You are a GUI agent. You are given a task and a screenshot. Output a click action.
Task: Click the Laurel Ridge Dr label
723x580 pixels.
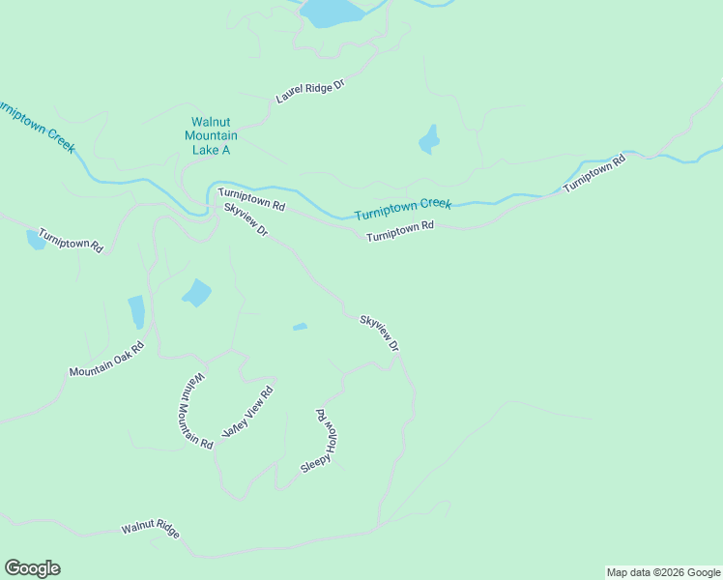tap(310, 92)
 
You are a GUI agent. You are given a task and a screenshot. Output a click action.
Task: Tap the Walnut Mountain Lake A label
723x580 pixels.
tap(211, 136)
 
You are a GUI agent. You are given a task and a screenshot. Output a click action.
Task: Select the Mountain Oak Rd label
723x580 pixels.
tap(106, 360)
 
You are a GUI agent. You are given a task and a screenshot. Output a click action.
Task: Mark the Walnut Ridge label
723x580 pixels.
tap(151, 531)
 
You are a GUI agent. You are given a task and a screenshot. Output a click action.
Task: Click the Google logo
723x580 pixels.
tap(32, 568)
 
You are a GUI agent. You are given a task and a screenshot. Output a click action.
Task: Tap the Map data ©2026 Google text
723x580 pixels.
tap(663, 572)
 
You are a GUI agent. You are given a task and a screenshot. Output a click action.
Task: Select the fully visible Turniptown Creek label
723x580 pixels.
tap(403, 209)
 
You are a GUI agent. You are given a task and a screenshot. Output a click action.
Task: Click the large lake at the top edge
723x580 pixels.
tap(332, 12)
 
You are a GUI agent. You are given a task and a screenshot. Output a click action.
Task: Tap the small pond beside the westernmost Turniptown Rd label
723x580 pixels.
tap(35, 240)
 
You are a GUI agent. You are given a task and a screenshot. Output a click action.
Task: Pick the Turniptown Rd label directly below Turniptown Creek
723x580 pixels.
tap(400, 231)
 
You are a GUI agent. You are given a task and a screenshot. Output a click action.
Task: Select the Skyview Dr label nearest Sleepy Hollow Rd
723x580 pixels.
tap(379, 333)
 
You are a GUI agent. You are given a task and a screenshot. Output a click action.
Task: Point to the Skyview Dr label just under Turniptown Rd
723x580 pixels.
tap(245, 221)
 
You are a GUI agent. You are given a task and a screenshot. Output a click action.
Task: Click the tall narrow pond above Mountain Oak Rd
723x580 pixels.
tap(136, 312)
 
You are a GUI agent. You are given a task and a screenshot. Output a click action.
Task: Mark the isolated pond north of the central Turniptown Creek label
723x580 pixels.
tap(429, 140)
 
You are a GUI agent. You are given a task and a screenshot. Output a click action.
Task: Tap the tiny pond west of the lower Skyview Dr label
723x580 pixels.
tap(300, 327)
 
